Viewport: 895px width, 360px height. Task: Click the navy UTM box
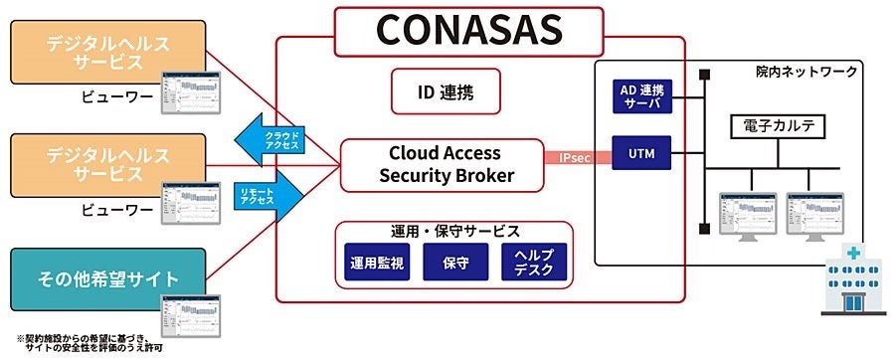(640, 154)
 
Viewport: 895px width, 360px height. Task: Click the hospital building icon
(849, 282)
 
